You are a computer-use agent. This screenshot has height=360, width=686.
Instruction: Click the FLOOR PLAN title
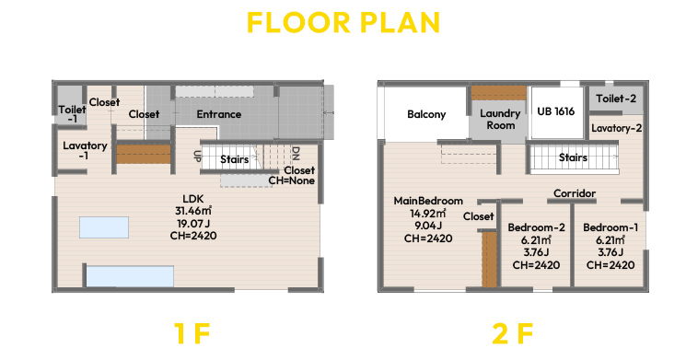click(x=343, y=23)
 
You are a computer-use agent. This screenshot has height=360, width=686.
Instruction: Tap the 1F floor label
click(x=192, y=333)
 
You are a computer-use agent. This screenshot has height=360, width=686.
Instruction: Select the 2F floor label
click(x=512, y=333)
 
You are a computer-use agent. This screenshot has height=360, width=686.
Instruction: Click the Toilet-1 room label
click(x=72, y=114)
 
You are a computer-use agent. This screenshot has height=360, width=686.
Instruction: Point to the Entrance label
click(x=219, y=114)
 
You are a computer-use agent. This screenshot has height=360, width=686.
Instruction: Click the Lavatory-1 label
click(x=85, y=150)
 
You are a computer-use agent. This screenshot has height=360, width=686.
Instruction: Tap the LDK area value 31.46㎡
click(x=193, y=211)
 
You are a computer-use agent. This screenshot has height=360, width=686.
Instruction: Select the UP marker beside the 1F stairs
click(x=197, y=157)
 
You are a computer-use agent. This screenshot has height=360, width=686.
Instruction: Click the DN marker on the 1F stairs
click(x=296, y=154)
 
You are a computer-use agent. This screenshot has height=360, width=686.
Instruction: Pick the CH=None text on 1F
click(x=291, y=180)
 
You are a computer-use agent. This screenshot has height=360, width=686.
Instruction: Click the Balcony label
click(x=426, y=114)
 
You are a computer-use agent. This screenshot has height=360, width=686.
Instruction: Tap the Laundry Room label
click(x=500, y=119)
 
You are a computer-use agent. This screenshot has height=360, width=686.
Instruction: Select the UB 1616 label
click(x=555, y=111)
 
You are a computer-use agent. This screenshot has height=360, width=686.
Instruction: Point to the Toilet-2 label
click(x=616, y=99)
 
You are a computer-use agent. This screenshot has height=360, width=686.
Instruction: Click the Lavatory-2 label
click(x=616, y=128)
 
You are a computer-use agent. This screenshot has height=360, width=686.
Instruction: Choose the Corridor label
click(x=575, y=193)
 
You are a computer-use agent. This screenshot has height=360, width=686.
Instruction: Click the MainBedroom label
click(x=428, y=201)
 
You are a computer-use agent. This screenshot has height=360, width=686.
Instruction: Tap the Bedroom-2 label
click(x=537, y=227)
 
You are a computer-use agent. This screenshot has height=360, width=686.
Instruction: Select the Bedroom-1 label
click(x=610, y=227)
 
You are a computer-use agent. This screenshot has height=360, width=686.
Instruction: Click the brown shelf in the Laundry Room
click(x=498, y=93)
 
